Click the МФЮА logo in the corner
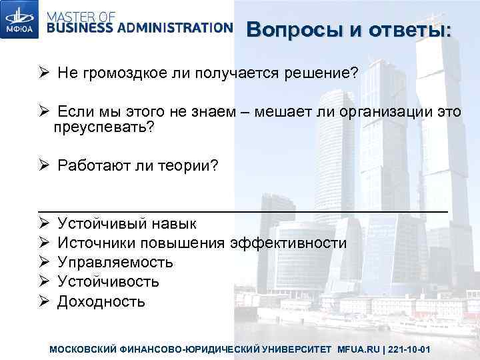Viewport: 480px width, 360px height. coord(21,21)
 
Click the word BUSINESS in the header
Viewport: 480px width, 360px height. coord(80,27)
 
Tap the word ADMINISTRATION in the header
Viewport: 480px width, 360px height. coord(175,27)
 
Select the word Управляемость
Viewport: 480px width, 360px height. coord(115,262)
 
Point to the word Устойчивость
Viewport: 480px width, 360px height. coord(107,281)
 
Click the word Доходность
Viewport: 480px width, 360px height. coord(101,301)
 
